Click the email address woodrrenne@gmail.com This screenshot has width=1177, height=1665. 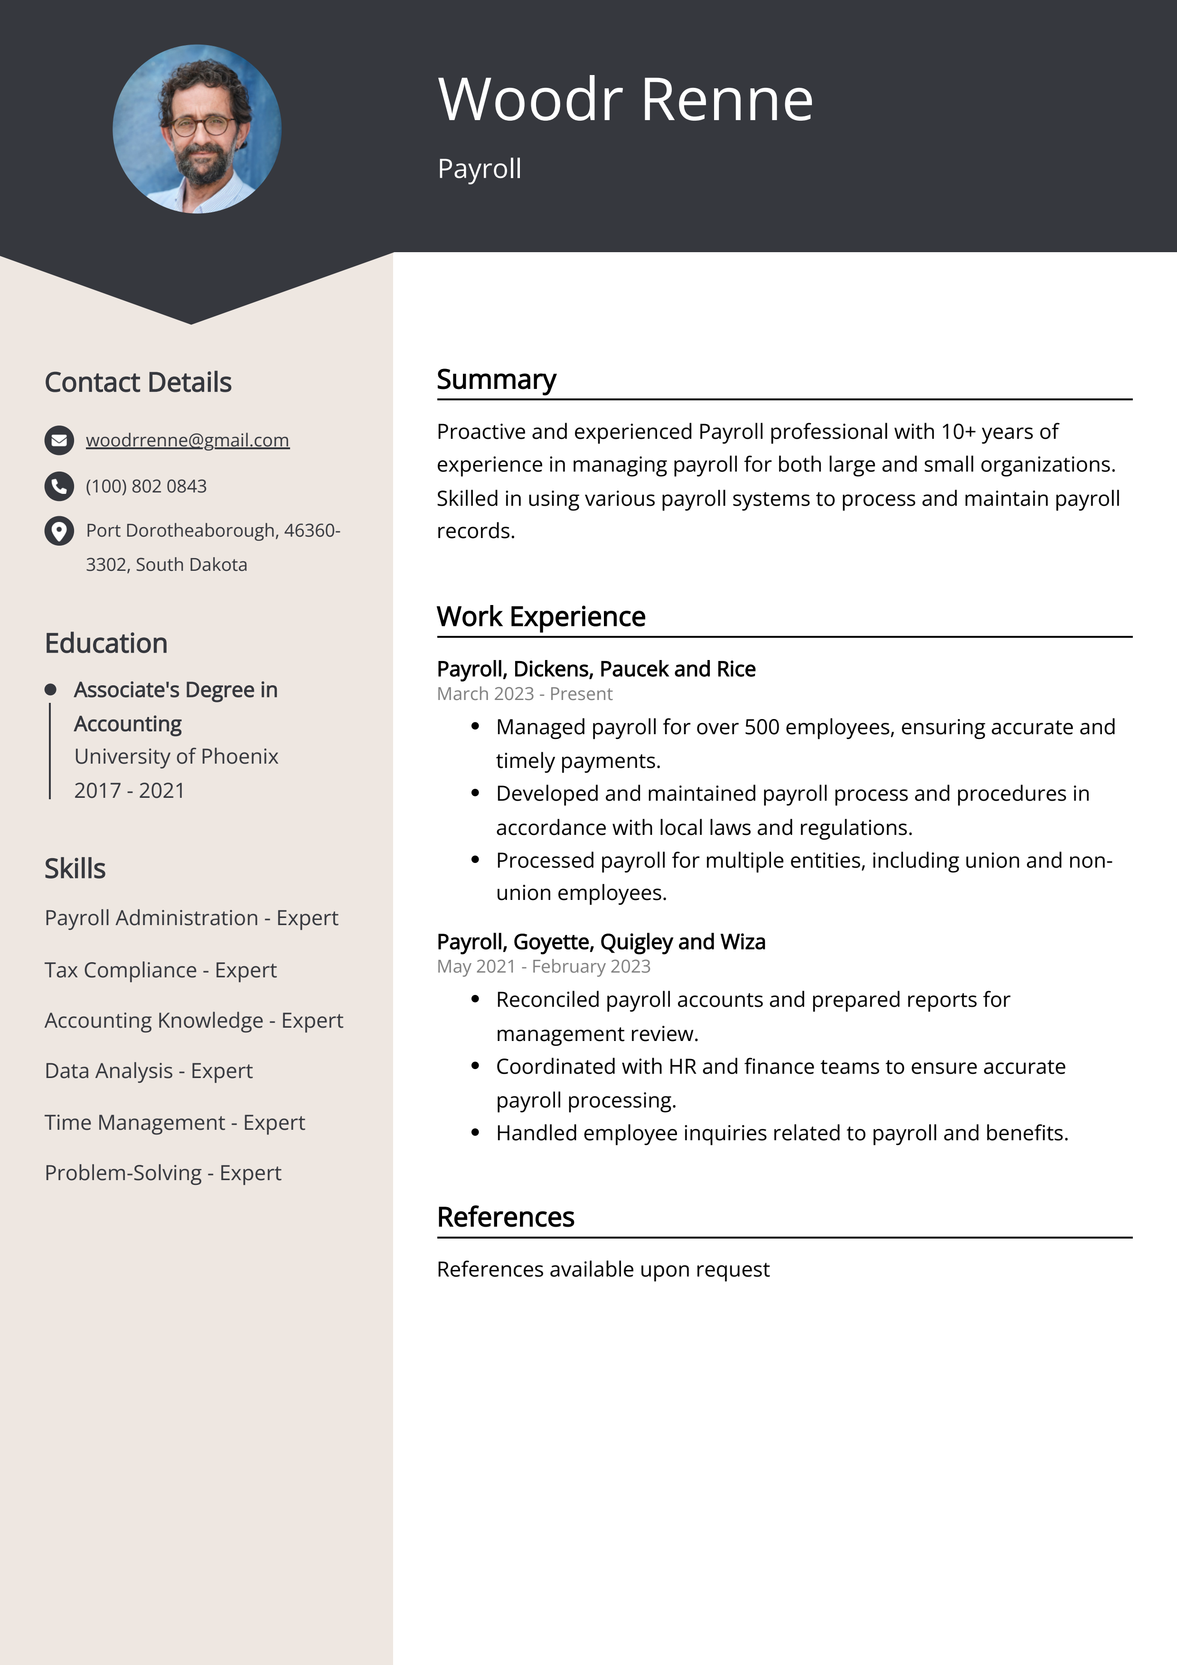[x=187, y=440]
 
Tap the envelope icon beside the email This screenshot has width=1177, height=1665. [x=59, y=440]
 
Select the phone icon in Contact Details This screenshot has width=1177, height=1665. [x=59, y=486]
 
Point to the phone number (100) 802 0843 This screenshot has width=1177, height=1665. [x=146, y=486]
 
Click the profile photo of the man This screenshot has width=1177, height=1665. [x=197, y=129]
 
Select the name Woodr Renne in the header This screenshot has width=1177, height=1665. [x=625, y=99]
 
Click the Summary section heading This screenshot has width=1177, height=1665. [x=496, y=379]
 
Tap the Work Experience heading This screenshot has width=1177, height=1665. [x=540, y=616]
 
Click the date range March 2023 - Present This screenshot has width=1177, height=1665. [x=524, y=694]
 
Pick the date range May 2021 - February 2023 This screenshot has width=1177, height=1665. [x=543, y=966]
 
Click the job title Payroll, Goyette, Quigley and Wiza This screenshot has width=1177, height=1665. [x=601, y=941]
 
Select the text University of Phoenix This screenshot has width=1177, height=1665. [x=176, y=757]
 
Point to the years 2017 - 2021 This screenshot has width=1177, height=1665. [x=129, y=790]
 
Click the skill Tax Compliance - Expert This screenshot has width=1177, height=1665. [x=160, y=970]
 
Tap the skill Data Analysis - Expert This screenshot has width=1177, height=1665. [x=149, y=1070]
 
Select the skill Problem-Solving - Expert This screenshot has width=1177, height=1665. [x=162, y=1173]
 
